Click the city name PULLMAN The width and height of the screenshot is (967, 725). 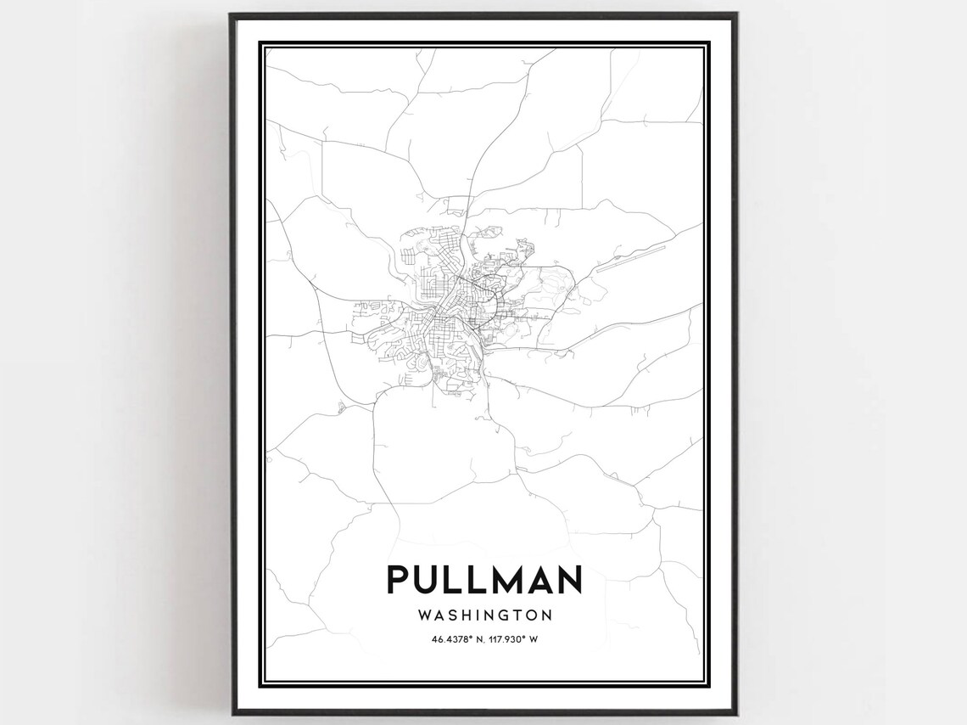(484, 580)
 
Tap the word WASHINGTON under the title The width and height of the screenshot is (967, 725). (484, 614)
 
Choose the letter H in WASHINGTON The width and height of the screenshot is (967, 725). (467, 614)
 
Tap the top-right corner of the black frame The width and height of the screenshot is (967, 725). (735, 14)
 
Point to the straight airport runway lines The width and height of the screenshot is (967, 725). (628, 259)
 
